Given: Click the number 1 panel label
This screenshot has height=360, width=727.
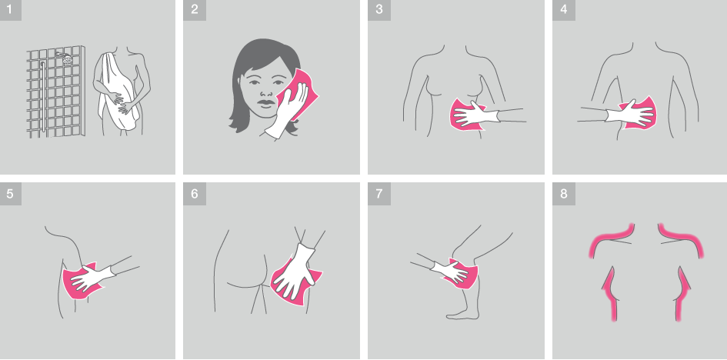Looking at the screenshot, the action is coord(10,10).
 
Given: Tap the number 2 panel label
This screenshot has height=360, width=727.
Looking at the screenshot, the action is coord(195,10).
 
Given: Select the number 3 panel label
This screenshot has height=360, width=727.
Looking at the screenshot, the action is coord(379,10).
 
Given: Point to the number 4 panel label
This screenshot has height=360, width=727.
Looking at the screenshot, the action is coord(563,10).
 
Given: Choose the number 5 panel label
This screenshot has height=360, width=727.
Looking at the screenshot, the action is coord(10,194).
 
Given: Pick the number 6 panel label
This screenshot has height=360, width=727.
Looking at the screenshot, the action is coord(195,194).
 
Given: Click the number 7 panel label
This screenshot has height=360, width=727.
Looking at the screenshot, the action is coord(379,194).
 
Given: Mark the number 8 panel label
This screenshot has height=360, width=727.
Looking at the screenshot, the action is coord(563,194).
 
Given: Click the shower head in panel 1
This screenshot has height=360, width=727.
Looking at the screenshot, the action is coord(65,58).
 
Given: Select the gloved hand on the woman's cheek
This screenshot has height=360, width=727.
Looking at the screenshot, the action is coord(288,109).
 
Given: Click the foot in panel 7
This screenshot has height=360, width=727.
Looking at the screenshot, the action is coord(462,313).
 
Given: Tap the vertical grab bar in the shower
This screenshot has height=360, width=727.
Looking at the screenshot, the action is coord(43,96).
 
